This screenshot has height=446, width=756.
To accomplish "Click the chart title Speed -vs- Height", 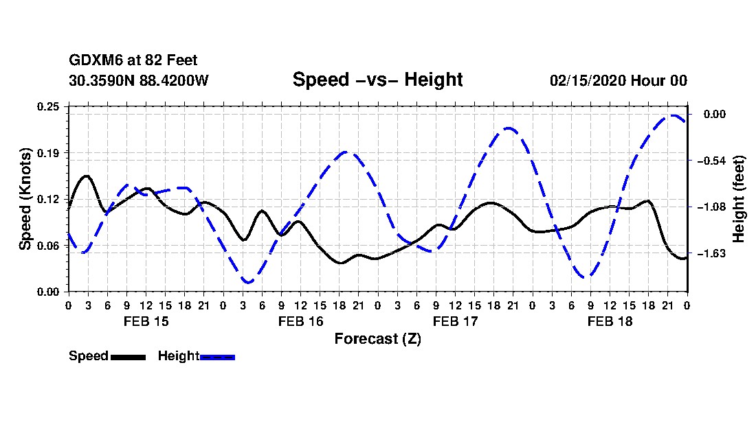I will tap(377, 80).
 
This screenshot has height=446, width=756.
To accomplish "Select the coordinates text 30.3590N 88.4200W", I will tap(139, 80).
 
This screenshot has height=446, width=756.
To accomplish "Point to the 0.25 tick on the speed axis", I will tap(49, 106).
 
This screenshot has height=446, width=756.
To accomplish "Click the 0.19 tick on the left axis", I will tap(49, 152).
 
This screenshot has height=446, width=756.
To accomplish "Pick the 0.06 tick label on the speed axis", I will tap(49, 245).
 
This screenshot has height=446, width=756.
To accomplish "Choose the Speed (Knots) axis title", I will tap(25, 198).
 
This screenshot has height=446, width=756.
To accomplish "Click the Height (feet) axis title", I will tap(740, 198).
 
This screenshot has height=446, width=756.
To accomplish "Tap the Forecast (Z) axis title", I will tap(377, 339).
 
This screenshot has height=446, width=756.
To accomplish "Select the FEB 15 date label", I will tap(146, 321).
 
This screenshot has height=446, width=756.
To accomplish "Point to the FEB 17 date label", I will tap(455, 321).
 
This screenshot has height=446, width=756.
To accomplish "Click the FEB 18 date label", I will tap(610, 321).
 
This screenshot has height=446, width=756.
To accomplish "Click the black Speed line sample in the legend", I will tap(128, 357).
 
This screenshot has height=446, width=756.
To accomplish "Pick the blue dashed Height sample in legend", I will tap(217, 357).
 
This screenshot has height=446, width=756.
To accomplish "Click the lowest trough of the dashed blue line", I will tap(248, 282).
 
